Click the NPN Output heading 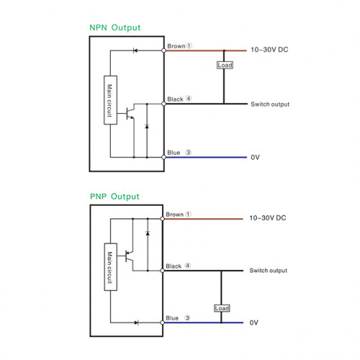click(114, 27)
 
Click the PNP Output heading click(114, 197)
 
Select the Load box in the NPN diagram click(225, 65)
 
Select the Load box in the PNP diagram click(222, 308)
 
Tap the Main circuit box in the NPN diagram click(110, 100)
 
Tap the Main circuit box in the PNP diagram click(111, 267)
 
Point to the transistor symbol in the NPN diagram click(130, 113)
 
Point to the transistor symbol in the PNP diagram click(129, 256)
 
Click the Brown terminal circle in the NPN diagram click(163, 50)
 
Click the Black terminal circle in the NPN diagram click(163, 104)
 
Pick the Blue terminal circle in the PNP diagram click(163, 323)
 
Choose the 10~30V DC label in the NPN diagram click(269, 50)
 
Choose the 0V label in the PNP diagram click(254, 323)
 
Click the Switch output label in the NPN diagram click(270, 104)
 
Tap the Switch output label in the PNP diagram click(269, 271)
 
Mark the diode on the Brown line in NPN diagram click(135, 50)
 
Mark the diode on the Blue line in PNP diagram click(137, 323)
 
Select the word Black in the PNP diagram click(174, 266)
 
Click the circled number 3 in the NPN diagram click(189, 152)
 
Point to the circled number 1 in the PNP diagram click(188, 214)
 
